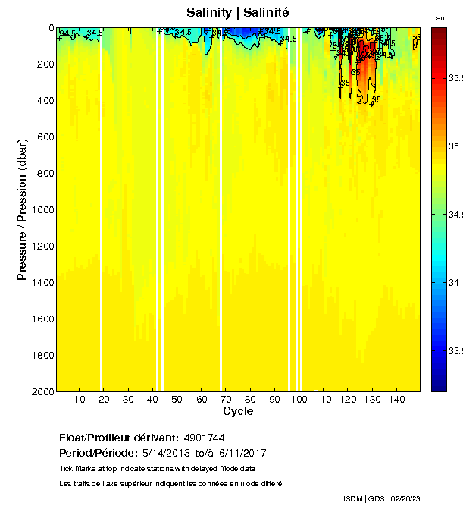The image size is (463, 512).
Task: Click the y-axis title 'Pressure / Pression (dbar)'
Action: [22, 210]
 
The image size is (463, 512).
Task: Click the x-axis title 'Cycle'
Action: [238, 411]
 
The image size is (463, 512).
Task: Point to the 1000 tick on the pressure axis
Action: [40, 210]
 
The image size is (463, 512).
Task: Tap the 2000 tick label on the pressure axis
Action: [40, 391]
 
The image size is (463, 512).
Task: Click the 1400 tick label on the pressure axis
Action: [40, 283]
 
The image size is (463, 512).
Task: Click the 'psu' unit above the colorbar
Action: [438, 17]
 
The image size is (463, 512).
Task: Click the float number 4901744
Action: [203, 438]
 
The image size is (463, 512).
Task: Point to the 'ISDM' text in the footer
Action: [353, 498]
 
